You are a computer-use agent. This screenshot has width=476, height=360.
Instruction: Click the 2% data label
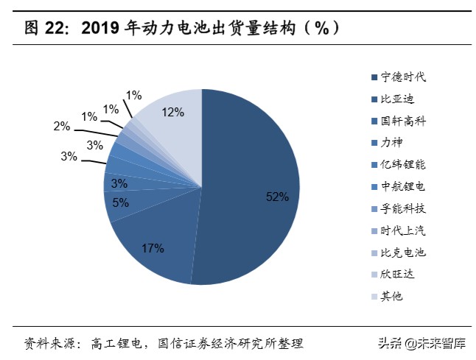[61, 127]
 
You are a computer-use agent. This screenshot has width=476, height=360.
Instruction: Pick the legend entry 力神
[392, 143]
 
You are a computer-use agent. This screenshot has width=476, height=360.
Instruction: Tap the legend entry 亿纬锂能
[403, 165]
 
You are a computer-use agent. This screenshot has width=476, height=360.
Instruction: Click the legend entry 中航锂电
[403, 187]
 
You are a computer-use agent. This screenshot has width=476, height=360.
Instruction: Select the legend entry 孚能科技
[403, 208]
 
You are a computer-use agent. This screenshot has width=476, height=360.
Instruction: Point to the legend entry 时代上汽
[403, 230]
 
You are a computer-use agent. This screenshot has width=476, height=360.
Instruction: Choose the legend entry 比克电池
[403, 253]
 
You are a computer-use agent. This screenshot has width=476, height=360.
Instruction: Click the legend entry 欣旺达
[398, 275]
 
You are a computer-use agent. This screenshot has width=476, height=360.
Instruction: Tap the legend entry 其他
[392, 297]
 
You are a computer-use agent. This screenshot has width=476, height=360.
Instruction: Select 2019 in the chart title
[102, 29]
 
